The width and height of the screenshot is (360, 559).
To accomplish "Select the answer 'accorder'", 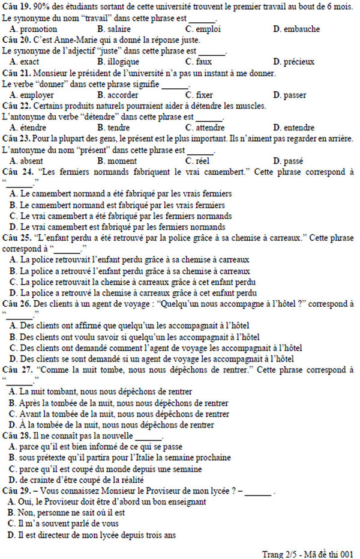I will [x=122, y=95].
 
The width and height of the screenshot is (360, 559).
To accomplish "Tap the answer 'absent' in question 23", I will [x=31, y=160].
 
